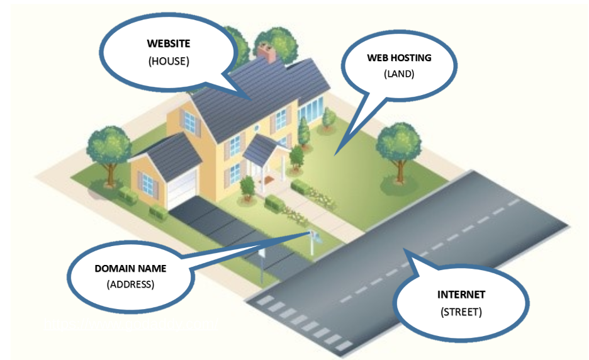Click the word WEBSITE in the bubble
click(169, 44)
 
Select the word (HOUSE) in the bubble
click(169, 62)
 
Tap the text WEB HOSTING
click(400, 57)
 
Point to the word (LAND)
click(400, 74)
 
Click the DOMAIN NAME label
click(130, 268)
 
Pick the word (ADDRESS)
click(130, 284)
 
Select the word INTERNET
click(461, 294)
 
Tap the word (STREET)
click(461, 311)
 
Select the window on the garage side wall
click(149, 182)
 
